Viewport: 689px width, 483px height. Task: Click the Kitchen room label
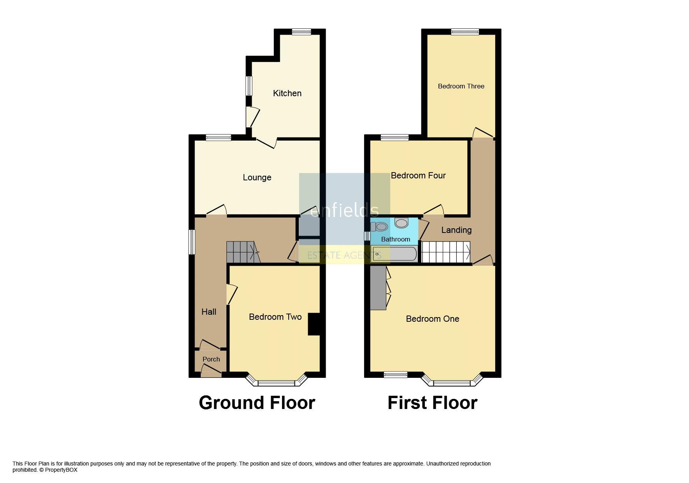pyautogui.click(x=287, y=93)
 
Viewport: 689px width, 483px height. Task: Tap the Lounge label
pyautogui.click(x=257, y=178)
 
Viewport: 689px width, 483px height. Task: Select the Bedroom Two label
pyautogui.click(x=275, y=317)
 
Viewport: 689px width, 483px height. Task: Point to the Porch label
pyautogui.click(x=211, y=359)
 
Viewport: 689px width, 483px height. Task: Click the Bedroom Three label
pyautogui.click(x=461, y=86)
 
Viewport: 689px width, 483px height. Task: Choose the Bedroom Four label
pyautogui.click(x=418, y=175)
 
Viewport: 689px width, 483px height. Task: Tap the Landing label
pyautogui.click(x=456, y=230)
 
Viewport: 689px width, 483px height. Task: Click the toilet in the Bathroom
pyautogui.click(x=379, y=227)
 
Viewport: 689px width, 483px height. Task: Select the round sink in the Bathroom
pyautogui.click(x=401, y=222)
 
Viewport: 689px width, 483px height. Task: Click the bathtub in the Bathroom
pyautogui.click(x=394, y=254)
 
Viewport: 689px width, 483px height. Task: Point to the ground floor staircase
pyautogui.click(x=243, y=252)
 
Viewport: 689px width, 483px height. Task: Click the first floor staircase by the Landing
pyautogui.click(x=446, y=252)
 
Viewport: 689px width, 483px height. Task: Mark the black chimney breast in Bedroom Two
pyautogui.click(x=314, y=324)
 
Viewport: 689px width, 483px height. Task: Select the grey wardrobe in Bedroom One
pyautogui.click(x=378, y=288)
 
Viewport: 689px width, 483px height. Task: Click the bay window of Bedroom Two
pyautogui.click(x=277, y=381)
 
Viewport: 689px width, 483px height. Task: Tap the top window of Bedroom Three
pyautogui.click(x=465, y=32)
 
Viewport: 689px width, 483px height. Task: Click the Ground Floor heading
pyautogui.click(x=257, y=403)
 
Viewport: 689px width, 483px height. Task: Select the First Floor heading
pyautogui.click(x=432, y=403)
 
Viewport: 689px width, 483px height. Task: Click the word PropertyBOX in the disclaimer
pyautogui.click(x=61, y=470)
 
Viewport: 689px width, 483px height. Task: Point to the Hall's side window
pyautogui.click(x=191, y=242)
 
